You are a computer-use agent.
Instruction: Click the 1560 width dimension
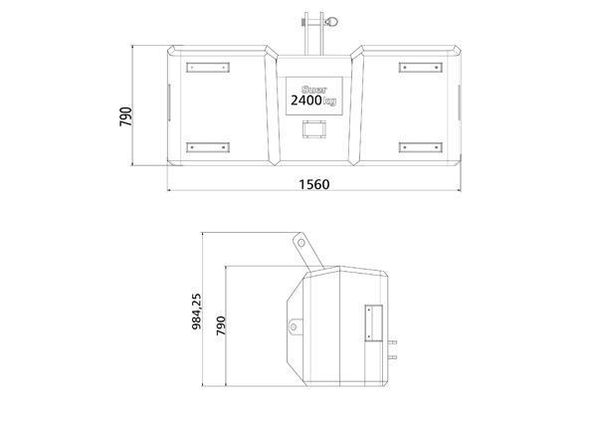pos(314,184)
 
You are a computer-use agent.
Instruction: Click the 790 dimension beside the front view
pos(126,116)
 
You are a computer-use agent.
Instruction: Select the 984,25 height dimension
pos(197,312)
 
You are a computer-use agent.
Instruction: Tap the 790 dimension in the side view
pos(221,325)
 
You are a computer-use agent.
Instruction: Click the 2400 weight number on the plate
pos(306,101)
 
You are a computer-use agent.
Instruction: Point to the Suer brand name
pos(313,90)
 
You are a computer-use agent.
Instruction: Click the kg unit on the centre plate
pos(329,102)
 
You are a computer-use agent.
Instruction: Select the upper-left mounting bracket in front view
pos(208,68)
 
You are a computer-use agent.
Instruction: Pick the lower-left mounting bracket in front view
pos(208,147)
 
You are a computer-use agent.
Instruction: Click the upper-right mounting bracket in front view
pos(421,68)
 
